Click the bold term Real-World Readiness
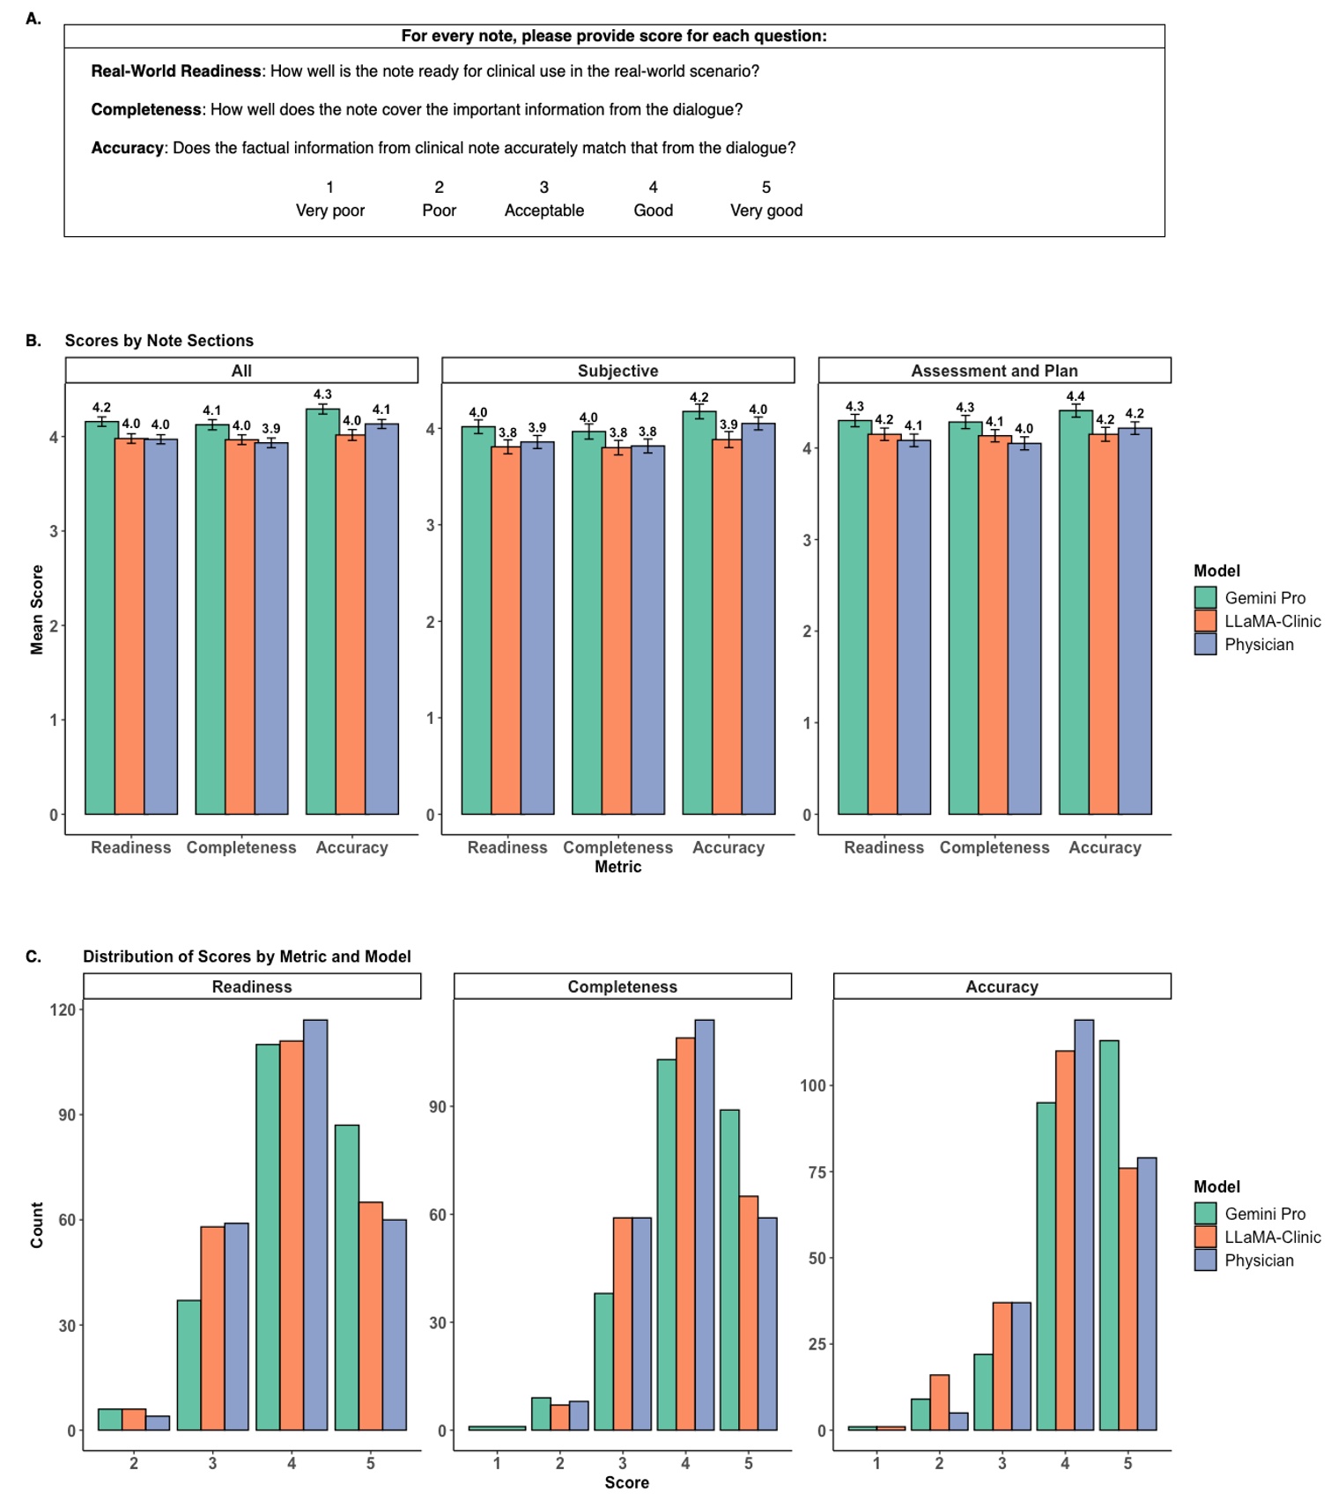click(176, 71)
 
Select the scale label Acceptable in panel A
click(543, 211)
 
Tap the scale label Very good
click(765, 211)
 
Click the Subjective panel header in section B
click(617, 371)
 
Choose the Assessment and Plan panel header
click(994, 371)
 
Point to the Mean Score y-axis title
click(37, 610)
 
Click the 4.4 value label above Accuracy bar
click(1075, 396)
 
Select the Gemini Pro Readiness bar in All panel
click(101, 617)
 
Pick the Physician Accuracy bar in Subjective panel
click(758, 617)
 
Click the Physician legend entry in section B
click(1258, 645)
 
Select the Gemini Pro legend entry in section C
click(1264, 1214)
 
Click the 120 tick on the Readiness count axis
click(63, 1009)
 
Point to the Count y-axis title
click(37, 1224)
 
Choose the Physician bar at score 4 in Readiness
click(315, 1224)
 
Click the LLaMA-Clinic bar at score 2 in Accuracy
click(939, 1402)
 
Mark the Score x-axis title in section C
click(626, 1482)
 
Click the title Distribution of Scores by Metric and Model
click(247, 957)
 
